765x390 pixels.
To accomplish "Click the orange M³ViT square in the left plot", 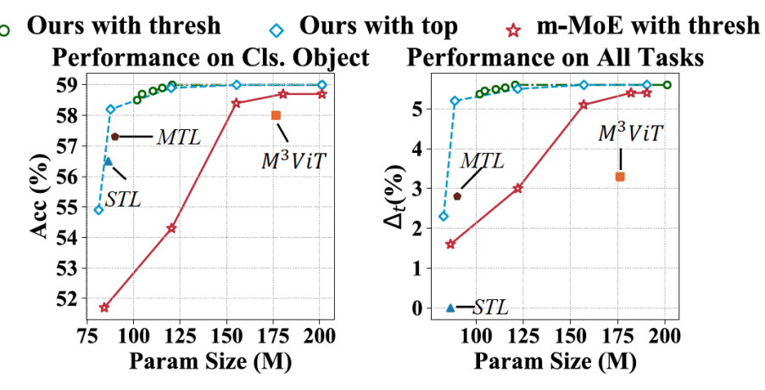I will pyautogui.click(x=276, y=116).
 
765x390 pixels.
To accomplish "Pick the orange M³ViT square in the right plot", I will pyautogui.click(x=620, y=177).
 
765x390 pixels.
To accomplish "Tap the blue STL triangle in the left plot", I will pyautogui.click(x=108, y=161).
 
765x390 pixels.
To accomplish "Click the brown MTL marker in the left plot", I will pyautogui.click(x=114, y=137).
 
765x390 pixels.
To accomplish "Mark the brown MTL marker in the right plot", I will pyautogui.click(x=457, y=196).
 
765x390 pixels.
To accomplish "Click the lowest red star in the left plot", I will pyautogui.click(x=104, y=308).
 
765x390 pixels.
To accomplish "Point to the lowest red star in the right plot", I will pyautogui.click(x=450, y=244).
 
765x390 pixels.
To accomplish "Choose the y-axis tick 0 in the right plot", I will pyautogui.click(x=416, y=308).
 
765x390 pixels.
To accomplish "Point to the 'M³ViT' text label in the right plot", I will pyautogui.click(x=630, y=133).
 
